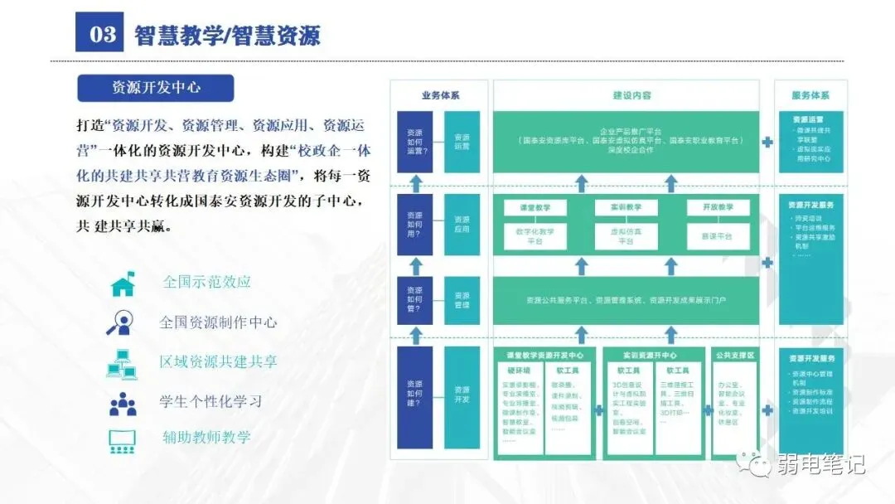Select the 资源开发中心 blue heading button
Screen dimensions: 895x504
pos(156,88)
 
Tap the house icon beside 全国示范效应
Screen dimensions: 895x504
pos(123,283)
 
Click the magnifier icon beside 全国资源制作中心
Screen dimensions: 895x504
pos(122,322)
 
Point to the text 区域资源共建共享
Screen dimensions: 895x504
pos(218,362)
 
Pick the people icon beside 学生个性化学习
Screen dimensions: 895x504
pos(123,403)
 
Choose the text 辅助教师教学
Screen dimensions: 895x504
pos(206,437)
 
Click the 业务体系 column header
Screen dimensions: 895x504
pos(439,95)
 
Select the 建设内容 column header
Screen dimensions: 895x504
pos(626,95)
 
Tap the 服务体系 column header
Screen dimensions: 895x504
pos(810,95)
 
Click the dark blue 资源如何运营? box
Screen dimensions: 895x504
pos(414,142)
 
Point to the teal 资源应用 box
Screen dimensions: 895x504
pos(462,224)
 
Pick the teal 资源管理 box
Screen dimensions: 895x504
pos(462,300)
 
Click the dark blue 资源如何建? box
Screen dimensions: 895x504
pos(414,394)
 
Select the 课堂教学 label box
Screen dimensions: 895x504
pos(534,207)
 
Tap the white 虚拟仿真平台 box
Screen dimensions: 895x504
pos(626,236)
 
